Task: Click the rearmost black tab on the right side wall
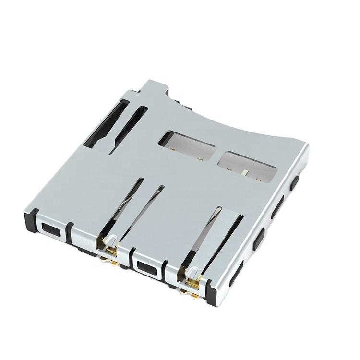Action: click(x=295, y=182)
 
